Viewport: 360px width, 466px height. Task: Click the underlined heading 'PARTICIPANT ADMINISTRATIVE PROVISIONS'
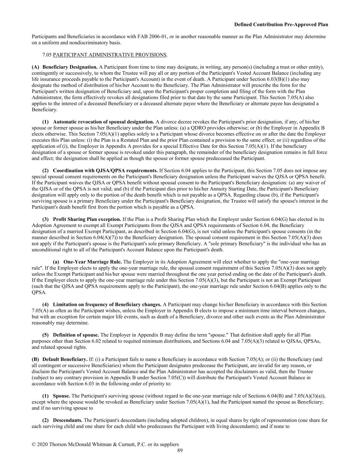pos(110,55)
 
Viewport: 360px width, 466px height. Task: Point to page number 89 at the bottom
pos(180,451)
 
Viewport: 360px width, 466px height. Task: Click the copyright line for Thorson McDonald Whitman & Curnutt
pos(105,444)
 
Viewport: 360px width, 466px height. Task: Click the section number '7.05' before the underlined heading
pos(47,55)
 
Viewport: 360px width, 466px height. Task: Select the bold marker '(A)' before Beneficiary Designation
pos(35,67)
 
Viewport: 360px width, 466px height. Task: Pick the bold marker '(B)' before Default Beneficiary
pos(35,359)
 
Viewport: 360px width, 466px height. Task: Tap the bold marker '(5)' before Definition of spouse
pos(45,335)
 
